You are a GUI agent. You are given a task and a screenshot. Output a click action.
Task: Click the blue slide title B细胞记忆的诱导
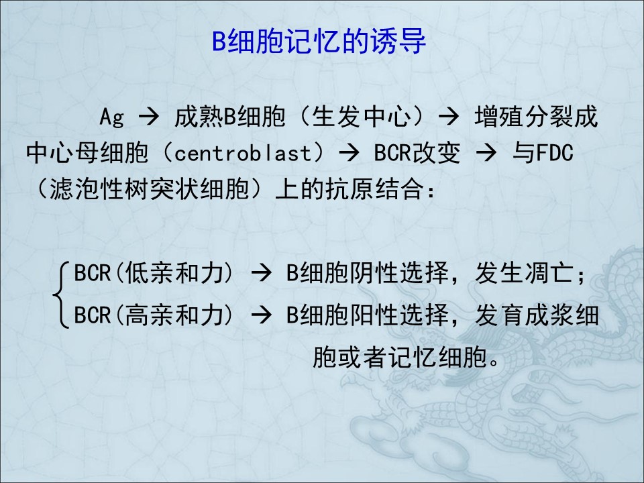click(x=319, y=41)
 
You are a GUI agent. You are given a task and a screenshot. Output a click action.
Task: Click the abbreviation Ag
click(x=112, y=117)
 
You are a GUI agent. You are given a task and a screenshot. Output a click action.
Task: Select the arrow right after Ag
click(x=149, y=117)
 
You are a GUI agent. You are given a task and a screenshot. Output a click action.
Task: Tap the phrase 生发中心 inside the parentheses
click(x=361, y=117)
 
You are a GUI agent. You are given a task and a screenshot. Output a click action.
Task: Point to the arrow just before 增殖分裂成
click(x=449, y=117)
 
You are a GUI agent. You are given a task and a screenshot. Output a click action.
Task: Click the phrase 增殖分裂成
click(x=536, y=117)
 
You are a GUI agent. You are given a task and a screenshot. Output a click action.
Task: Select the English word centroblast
click(x=243, y=153)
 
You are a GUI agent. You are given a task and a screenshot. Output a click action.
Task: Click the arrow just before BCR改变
click(x=349, y=153)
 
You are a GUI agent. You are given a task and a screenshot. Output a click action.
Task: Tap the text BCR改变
click(x=417, y=153)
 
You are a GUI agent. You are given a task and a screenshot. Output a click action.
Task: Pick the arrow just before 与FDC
click(x=486, y=153)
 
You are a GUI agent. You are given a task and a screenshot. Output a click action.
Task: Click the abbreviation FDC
click(x=555, y=153)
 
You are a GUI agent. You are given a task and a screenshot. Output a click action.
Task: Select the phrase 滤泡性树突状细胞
click(x=150, y=189)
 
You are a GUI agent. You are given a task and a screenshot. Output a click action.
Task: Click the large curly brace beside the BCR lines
click(x=61, y=294)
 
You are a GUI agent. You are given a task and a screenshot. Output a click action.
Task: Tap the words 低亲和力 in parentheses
click(x=174, y=273)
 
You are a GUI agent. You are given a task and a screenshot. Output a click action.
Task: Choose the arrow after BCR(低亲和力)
click(x=261, y=273)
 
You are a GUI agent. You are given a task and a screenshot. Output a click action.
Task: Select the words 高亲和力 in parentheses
click(x=174, y=315)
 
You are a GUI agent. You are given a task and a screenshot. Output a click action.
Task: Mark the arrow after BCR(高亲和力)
click(x=261, y=315)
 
